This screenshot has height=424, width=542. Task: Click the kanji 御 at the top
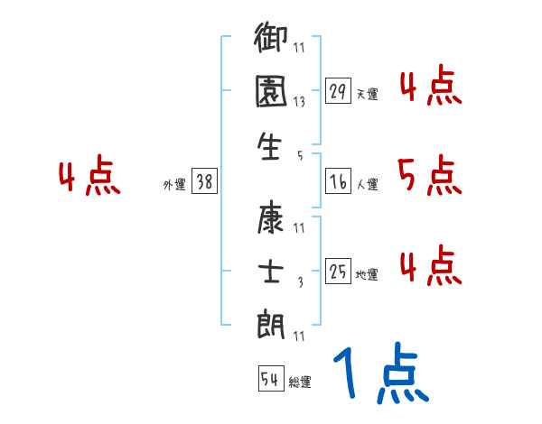(272, 42)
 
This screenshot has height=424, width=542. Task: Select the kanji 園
(272, 95)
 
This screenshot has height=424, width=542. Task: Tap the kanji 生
(272, 146)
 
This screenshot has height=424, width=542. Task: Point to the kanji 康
(272, 219)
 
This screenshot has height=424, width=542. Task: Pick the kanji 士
(272, 272)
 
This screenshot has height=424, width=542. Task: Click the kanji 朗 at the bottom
(272, 324)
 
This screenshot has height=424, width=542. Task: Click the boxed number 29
(338, 91)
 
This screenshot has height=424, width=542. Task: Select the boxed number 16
(338, 181)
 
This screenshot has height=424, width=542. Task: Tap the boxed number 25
(338, 272)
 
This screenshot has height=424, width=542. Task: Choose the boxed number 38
(204, 181)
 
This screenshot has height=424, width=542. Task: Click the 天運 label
(368, 94)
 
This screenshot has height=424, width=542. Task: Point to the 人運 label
(368, 184)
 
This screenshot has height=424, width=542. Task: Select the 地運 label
(368, 274)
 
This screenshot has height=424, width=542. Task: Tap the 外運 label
(173, 184)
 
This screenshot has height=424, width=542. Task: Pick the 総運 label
(300, 382)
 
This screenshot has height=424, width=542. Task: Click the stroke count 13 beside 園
(299, 102)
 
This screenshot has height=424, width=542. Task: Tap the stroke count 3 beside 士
(299, 282)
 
